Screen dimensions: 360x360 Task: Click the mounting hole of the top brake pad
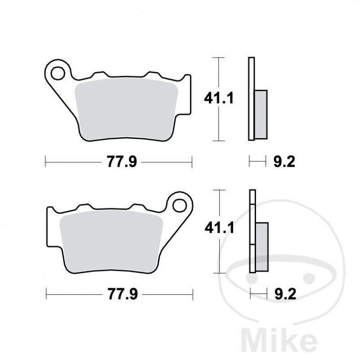[58, 72]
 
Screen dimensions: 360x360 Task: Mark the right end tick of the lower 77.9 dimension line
[192, 295]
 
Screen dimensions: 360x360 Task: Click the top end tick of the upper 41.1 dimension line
[218, 58]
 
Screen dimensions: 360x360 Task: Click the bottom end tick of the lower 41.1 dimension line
[218, 273]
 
